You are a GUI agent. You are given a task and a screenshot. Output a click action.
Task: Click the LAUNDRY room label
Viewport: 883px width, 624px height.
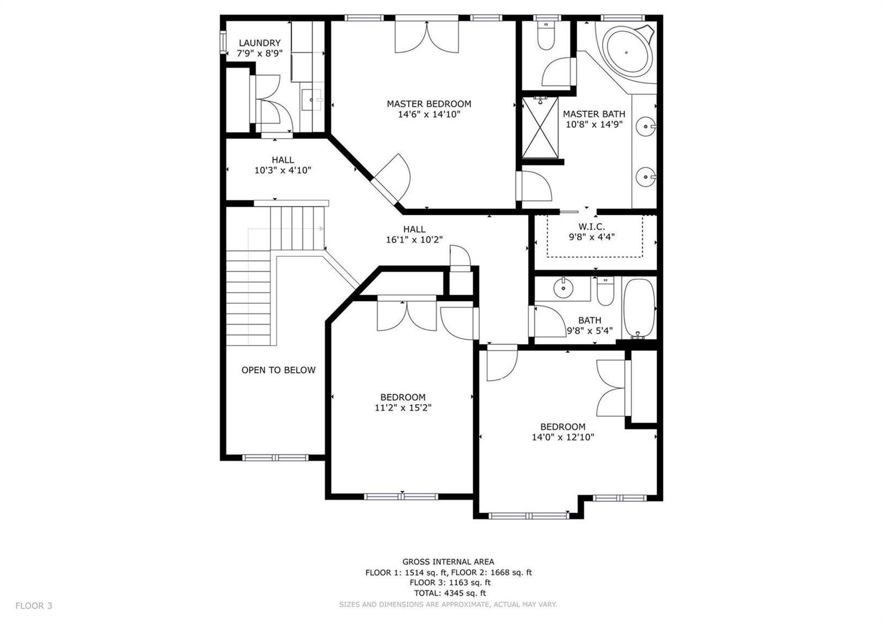click(259, 43)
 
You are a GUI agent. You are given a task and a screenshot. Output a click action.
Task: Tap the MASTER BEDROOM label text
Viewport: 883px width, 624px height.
click(429, 104)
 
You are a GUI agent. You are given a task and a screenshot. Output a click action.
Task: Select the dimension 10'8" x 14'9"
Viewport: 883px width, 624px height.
click(594, 125)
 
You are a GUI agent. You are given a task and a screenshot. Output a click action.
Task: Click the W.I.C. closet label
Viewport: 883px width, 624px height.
click(592, 227)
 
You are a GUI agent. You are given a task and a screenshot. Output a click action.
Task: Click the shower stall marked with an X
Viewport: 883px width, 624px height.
click(540, 128)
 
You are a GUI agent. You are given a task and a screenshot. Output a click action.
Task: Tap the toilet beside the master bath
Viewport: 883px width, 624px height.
click(546, 36)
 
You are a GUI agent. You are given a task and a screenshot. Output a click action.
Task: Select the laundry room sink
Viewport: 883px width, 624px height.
click(312, 99)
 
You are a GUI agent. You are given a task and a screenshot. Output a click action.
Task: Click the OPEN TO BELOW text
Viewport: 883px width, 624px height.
click(278, 370)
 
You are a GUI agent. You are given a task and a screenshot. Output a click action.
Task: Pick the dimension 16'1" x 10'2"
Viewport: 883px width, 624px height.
click(414, 240)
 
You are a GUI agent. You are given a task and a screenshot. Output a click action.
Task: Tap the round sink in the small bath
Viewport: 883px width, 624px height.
click(563, 288)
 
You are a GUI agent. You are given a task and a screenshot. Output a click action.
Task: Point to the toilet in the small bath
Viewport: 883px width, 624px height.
click(605, 291)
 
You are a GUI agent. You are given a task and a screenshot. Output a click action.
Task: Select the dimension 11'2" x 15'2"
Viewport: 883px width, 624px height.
click(403, 408)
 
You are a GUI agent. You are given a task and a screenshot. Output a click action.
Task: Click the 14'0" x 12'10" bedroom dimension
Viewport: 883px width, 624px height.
click(563, 437)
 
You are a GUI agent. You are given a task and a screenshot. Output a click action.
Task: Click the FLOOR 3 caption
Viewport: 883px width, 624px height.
click(34, 605)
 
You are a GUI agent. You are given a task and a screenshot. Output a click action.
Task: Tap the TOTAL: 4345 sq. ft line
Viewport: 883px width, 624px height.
click(450, 593)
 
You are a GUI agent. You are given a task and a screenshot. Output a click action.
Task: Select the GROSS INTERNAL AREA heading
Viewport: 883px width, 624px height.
click(448, 562)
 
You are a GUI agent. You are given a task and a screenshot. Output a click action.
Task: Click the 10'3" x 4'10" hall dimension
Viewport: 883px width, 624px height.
click(283, 171)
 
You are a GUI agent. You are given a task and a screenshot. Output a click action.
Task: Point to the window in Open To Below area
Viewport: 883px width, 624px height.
click(275, 458)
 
